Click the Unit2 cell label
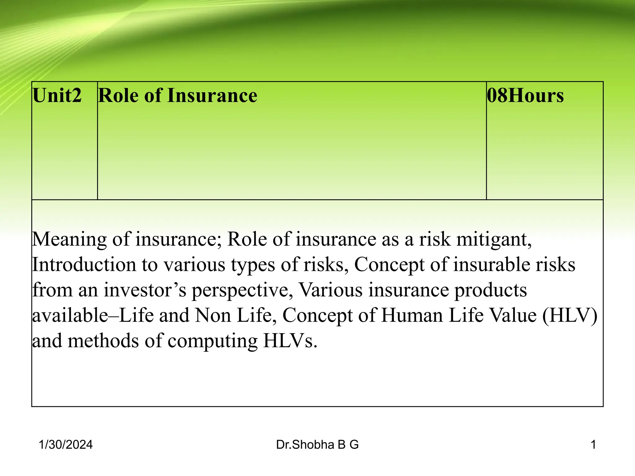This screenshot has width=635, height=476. pyautogui.click(x=57, y=95)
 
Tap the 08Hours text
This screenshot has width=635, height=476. pyautogui.click(x=525, y=95)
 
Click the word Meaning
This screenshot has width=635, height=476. pyautogui.click(x=69, y=240)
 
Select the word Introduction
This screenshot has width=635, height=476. pyautogui.click(x=84, y=265)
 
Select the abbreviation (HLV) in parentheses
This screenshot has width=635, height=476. pyautogui.click(x=570, y=316)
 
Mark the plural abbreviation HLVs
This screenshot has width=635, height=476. pyautogui.click(x=290, y=341)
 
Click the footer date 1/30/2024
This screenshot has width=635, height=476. pyautogui.click(x=66, y=445)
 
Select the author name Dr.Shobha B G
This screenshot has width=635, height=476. pyautogui.click(x=317, y=445)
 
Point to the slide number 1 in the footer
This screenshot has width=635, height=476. pyautogui.click(x=593, y=445)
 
